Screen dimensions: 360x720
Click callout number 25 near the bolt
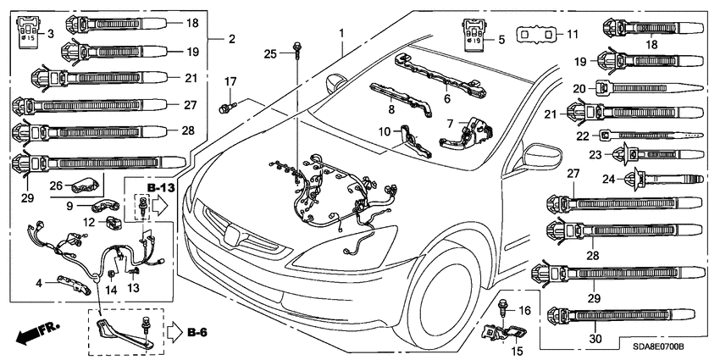click(x=271, y=54)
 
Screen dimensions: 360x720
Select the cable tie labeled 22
click(x=648, y=136)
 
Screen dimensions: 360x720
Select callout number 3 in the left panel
click(x=50, y=33)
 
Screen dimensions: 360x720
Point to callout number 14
click(x=108, y=289)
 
